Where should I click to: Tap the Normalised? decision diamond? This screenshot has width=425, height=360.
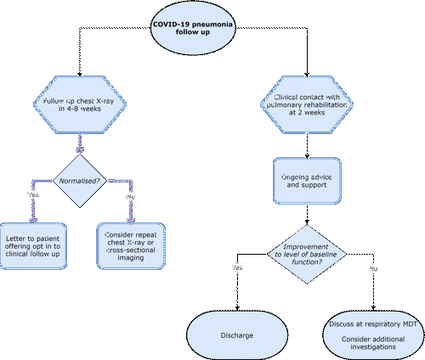tap(82, 180)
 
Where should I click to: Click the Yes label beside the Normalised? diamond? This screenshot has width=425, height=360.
tap(33, 195)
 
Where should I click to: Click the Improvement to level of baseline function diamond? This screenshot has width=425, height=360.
tap(309, 252)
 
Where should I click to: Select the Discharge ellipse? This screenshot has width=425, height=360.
tap(235, 335)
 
